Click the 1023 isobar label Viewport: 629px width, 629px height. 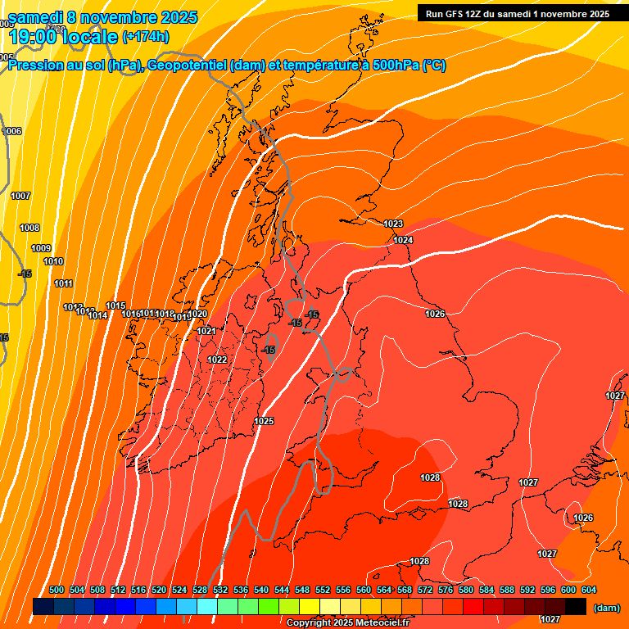click(393, 224)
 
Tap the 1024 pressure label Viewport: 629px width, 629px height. click(402, 240)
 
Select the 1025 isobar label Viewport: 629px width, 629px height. click(264, 421)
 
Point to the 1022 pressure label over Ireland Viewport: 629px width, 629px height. click(217, 360)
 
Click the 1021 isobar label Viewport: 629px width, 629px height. click(206, 331)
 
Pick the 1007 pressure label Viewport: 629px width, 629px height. click(20, 196)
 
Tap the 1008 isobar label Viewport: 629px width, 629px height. click(29, 228)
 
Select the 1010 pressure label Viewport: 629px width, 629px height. click(53, 261)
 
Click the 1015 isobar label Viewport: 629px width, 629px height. click(115, 305)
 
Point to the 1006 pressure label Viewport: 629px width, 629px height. click(13, 131)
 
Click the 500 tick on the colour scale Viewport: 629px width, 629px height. click(57, 590)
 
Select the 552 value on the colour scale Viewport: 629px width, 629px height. click(323, 590)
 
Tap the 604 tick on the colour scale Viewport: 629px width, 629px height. click(588, 590)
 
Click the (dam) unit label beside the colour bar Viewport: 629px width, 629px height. click(606, 608)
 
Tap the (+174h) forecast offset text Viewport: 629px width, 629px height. click(145, 37)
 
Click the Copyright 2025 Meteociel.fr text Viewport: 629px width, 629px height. click(347, 623)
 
